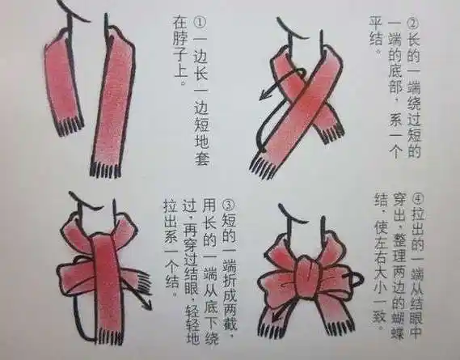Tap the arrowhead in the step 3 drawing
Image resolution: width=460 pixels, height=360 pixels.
coord(150,306)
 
